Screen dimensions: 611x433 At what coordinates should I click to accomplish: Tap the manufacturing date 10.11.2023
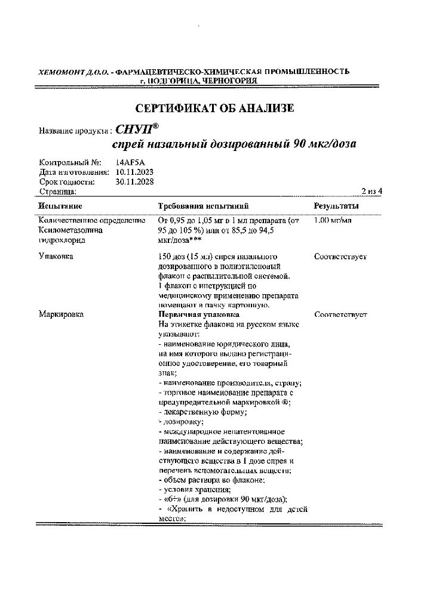pyautogui.click(x=135, y=172)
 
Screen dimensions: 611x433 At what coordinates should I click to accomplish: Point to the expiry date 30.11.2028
pyautogui.click(x=135, y=181)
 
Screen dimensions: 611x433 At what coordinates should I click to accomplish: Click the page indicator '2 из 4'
pyautogui.click(x=371, y=191)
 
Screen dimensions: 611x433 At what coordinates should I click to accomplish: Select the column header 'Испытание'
pyautogui.click(x=60, y=206)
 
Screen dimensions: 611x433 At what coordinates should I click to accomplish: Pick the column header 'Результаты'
pyautogui.click(x=336, y=206)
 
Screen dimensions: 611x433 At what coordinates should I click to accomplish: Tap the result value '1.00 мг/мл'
pyautogui.click(x=333, y=221)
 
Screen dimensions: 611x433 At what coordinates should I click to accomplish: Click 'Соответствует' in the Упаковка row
pyautogui.click(x=340, y=257)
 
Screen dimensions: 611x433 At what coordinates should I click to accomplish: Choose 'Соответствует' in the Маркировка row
pyautogui.click(x=340, y=314)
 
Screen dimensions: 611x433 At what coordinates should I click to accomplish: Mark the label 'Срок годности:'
pyautogui.click(x=67, y=181)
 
